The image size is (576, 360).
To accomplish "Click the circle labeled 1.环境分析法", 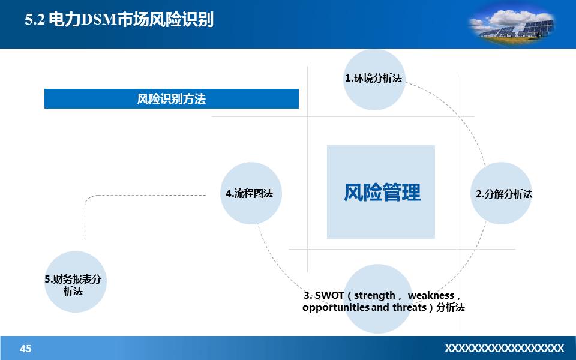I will point(374,79).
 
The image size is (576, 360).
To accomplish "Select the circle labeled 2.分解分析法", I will point(501,194).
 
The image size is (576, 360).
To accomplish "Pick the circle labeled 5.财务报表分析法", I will point(75,282).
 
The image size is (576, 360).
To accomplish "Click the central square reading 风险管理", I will point(381,192).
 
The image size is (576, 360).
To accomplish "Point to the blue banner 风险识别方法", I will point(172,99).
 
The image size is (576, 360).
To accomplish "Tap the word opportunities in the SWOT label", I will point(336,308).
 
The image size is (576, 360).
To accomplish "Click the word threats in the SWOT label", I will point(409,308).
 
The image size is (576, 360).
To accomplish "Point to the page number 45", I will point(26,349).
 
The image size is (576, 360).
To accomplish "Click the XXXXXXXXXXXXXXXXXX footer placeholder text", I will point(504,348).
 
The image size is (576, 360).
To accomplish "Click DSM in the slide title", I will point(94,20).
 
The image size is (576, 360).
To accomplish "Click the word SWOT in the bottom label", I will point(329,295).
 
